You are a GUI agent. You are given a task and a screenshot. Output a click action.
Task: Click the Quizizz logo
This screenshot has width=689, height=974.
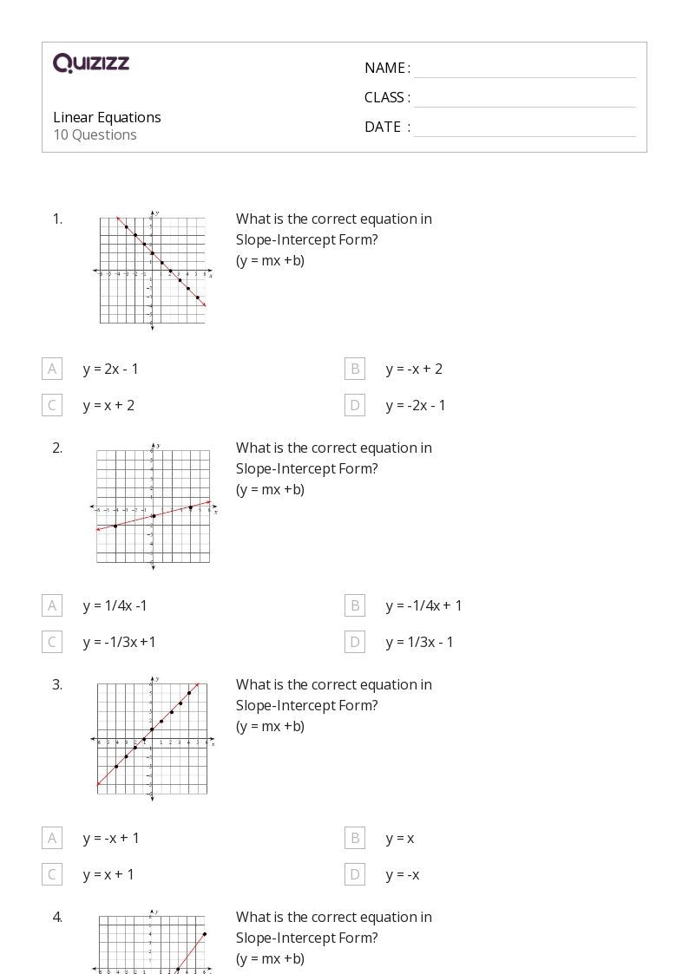tap(91, 62)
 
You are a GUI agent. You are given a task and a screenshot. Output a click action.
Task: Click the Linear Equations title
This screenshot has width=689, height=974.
tap(107, 117)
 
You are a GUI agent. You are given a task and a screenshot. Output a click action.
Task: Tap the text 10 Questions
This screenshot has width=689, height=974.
tap(95, 134)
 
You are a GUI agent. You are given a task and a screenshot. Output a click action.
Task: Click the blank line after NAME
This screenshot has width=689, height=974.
tap(524, 69)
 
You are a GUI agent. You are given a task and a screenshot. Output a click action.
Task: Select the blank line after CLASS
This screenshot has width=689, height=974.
tap(524, 99)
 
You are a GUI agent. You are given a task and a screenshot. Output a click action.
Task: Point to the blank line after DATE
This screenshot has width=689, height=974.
tap(524, 128)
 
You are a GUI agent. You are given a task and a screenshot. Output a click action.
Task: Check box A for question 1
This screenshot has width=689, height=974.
tap(52, 369)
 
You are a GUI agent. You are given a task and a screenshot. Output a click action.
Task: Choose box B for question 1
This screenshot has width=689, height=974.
tap(355, 369)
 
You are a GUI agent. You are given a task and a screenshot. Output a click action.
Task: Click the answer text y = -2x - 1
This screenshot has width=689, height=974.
tap(416, 405)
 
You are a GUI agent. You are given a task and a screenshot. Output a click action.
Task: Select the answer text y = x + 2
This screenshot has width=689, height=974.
tap(108, 405)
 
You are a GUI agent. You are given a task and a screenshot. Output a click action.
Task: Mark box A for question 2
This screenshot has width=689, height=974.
tap(52, 605)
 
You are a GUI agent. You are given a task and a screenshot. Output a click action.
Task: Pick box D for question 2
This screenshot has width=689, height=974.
tap(355, 642)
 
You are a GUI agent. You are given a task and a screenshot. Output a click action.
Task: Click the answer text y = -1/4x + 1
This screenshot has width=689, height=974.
tap(424, 605)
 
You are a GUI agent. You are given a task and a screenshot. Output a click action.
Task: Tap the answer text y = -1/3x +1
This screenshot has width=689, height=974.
tap(120, 642)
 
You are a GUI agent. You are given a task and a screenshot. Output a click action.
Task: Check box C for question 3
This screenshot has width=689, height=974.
tap(52, 874)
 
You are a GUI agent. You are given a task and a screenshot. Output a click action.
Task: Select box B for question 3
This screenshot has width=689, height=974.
tap(355, 838)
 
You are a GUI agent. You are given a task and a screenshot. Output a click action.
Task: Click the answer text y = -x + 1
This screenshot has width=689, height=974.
tap(111, 838)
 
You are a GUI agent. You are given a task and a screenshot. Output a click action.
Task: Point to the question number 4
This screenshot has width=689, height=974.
tap(57, 917)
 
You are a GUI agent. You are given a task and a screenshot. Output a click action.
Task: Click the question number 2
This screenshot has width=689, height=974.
tap(57, 448)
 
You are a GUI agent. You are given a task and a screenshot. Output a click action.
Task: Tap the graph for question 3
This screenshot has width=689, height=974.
tap(152, 738)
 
